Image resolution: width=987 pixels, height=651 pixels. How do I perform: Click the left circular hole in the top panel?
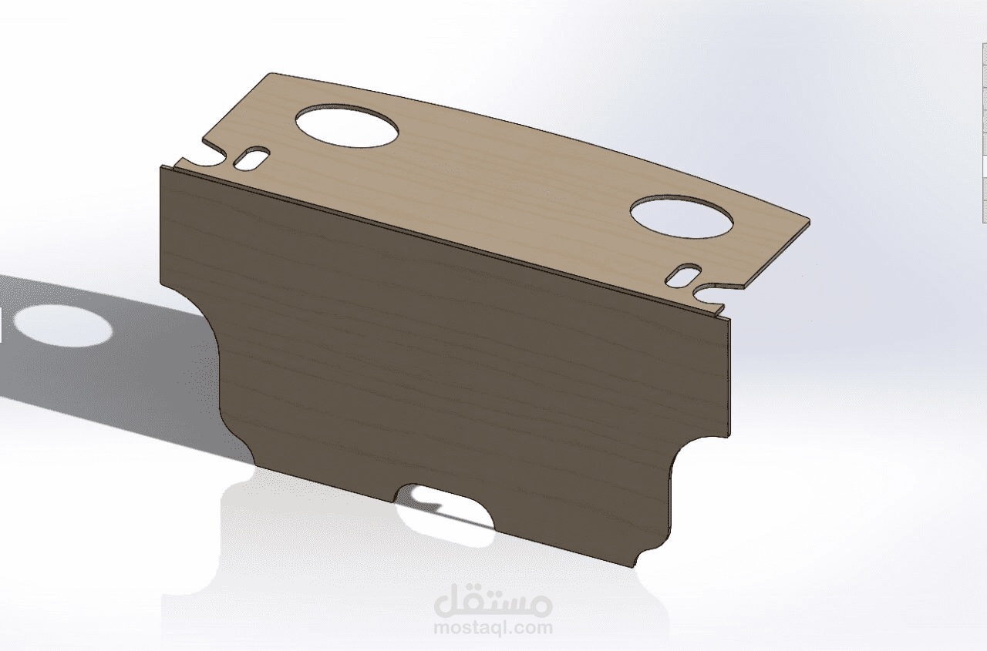(348, 126)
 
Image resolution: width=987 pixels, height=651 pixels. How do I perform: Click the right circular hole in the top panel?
(682, 217)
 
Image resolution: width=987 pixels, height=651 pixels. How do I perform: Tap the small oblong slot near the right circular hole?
(683, 275)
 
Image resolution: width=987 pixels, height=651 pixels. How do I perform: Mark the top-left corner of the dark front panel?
(161, 168)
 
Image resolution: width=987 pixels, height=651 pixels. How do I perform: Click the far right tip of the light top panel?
(809, 221)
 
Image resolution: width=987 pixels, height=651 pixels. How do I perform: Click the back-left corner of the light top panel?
(270, 74)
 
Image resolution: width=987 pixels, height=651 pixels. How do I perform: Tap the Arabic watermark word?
(493, 603)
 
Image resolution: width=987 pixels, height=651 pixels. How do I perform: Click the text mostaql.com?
(493, 628)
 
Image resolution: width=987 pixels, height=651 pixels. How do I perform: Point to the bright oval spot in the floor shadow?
(63, 325)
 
